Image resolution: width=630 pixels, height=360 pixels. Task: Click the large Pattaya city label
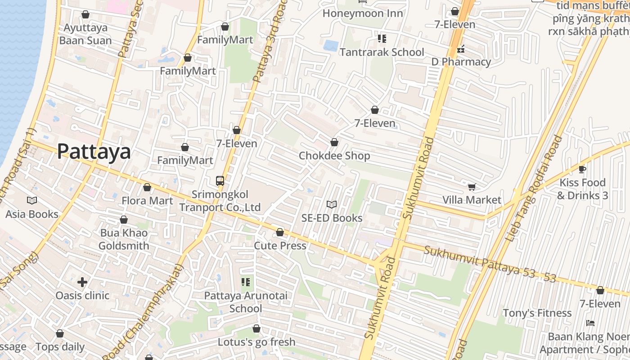click(94, 152)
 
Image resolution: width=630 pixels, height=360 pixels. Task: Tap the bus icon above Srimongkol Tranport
click(220, 181)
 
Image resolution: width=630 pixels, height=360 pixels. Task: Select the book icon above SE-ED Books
click(332, 205)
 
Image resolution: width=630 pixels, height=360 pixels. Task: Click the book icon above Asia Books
click(32, 201)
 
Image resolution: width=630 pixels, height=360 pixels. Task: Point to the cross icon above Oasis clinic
click(82, 282)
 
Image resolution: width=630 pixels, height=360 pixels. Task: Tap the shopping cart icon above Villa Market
click(472, 187)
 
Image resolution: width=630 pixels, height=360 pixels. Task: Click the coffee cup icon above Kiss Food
click(582, 170)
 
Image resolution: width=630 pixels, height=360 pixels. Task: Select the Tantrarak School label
click(382, 52)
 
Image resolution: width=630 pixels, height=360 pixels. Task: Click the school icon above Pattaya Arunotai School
click(246, 282)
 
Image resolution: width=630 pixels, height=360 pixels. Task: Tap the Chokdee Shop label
click(334, 156)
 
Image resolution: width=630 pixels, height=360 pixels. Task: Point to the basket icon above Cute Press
click(280, 232)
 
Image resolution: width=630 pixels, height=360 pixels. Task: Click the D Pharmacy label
click(461, 62)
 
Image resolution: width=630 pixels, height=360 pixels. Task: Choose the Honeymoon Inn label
click(362, 13)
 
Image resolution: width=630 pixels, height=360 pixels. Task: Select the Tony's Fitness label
click(537, 313)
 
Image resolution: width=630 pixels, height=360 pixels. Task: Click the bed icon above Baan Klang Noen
click(590, 323)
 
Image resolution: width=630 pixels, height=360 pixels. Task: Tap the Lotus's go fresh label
click(256, 342)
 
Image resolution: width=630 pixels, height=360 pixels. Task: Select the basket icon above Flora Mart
click(147, 187)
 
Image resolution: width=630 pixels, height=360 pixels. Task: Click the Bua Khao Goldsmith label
click(124, 239)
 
